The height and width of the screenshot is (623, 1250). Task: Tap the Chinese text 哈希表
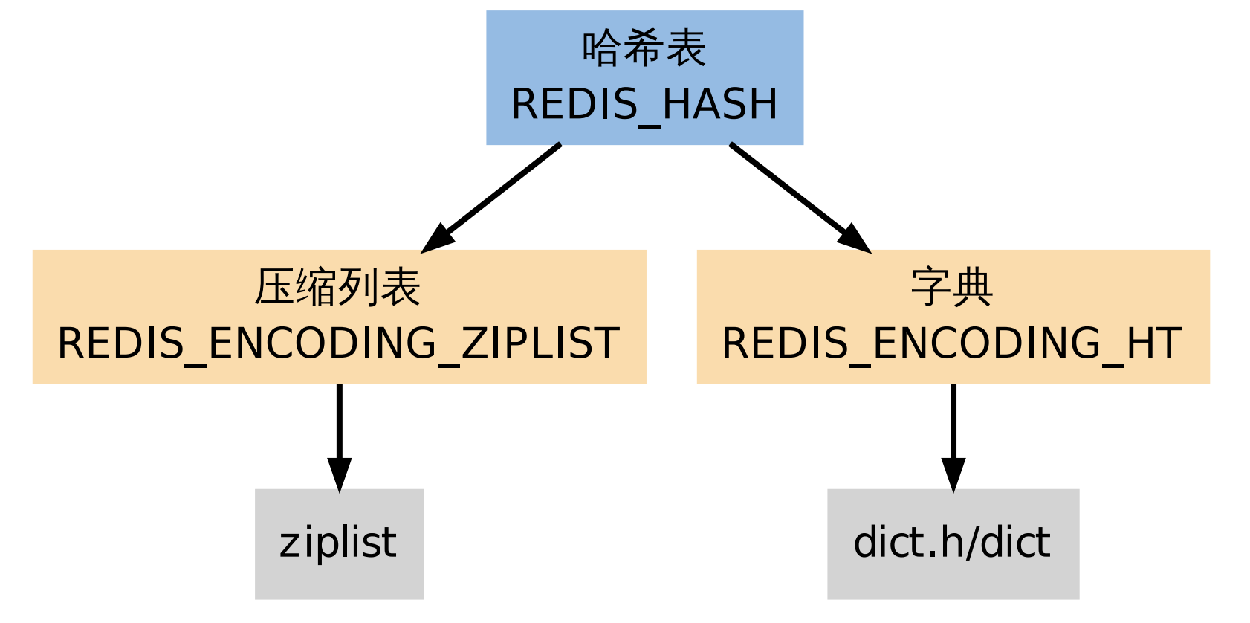click(x=644, y=49)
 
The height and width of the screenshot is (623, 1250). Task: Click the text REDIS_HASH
click(x=644, y=104)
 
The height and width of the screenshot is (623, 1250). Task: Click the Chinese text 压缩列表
click(x=338, y=288)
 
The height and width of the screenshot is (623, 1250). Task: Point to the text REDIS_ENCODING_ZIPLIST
click(x=338, y=343)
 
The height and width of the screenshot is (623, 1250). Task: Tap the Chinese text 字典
click(x=952, y=288)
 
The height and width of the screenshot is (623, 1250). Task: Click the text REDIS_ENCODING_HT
click(x=952, y=343)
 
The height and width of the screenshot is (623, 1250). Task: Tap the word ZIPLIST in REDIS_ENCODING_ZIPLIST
click(x=540, y=343)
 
